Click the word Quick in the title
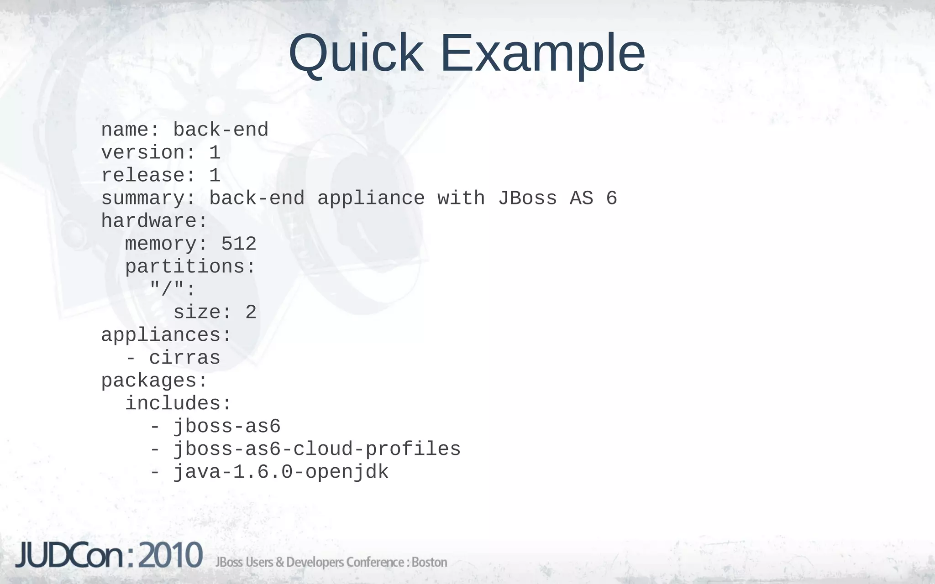click(356, 54)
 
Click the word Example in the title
click(542, 54)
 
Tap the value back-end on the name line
click(221, 130)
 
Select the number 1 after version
click(215, 153)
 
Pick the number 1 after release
click(215, 176)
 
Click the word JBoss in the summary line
click(527, 198)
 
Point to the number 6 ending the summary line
click(612, 198)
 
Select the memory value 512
click(239, 244)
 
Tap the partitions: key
click(190, 267)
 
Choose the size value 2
click(251, 313)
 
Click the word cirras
click(184, 358)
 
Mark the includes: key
click(179, 404)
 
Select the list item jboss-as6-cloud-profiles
click(317, 449)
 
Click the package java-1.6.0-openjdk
click(281, 472)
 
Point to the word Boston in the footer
click(429, 562)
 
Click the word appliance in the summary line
click(371, 198)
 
